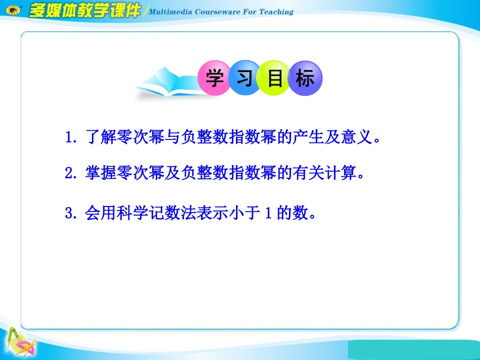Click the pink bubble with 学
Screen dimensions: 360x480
pyautogui.click(x=214, y=78)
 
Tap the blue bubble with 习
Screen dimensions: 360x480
pyautogui.click(x=245, y=78)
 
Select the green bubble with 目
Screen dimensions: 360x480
pyautogui.click(x=275, y=78)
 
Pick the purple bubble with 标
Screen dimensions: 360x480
pyautogui.click(x=305, y=78)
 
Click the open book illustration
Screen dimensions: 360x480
pyautogui.click(x=167, y=84)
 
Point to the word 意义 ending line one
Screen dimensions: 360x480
pyautogui.click(x=356, y=138)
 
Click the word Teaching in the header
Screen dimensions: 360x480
pyautogui.click(x=276, y=12)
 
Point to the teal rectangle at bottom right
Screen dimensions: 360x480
pyautogui.click(x=414, y=349)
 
